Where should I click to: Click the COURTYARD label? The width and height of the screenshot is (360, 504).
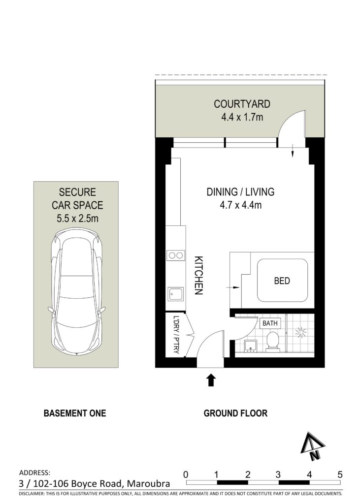pos(242,104)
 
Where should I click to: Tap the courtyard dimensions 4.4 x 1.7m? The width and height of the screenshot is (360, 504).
pos(242,117)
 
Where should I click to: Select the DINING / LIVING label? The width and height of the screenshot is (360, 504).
pos(240,192)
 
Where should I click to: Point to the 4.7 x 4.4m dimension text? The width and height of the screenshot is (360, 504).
pos(241,205)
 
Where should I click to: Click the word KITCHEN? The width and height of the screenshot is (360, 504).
pos(199,275)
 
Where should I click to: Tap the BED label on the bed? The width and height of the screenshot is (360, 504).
pos(282,281)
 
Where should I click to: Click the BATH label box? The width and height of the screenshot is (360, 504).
pos(269,323)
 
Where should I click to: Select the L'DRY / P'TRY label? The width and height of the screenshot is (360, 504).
pos(176,335)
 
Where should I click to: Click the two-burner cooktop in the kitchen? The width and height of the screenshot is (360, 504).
pos(176,255)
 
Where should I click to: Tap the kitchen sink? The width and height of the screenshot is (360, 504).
pos(175,294)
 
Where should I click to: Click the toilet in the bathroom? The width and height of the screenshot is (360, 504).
pos(272,342)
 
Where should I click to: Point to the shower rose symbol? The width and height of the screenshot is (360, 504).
pos(301,332)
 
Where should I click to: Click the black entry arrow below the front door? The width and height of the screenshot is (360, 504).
pos(211,379)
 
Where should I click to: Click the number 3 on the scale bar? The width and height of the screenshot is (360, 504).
pos(278,474)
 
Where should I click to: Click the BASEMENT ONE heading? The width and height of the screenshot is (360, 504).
pos(75,413)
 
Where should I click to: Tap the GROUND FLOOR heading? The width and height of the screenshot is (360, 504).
pos(235,413)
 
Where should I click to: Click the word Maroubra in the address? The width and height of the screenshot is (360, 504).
pos(148,484)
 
